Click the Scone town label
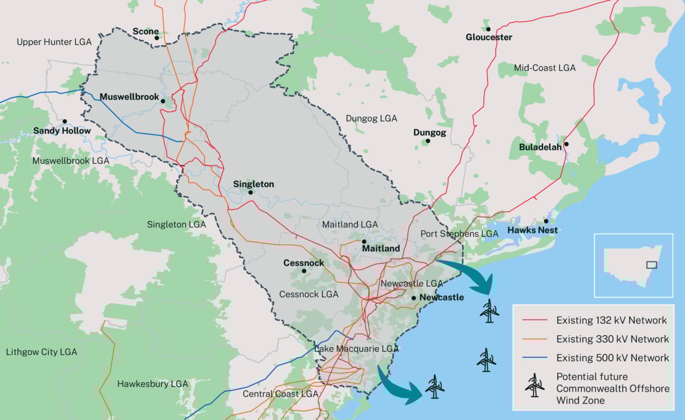[x=146, y=31]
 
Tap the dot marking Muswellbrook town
[x=163, y=100]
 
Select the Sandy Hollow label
[x=62, y=130]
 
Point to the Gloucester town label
[x=489, y=37]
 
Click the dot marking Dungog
[x=428, y=141]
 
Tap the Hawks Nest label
[x=532, y=230]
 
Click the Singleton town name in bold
[x=253, y=184]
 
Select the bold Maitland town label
[x=381, y=249]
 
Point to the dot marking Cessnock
[x=304, y=271]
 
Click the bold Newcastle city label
[x=442, y=297]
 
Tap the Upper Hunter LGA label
[x=54, y=42]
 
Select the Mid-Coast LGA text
[x=544, y=68]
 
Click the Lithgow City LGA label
[x=41, y=352]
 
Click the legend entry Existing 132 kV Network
[x=611, y=320]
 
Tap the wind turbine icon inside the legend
[x=534, y=385]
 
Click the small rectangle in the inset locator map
[x=651, y=264]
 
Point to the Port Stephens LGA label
[x=459, y=234]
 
